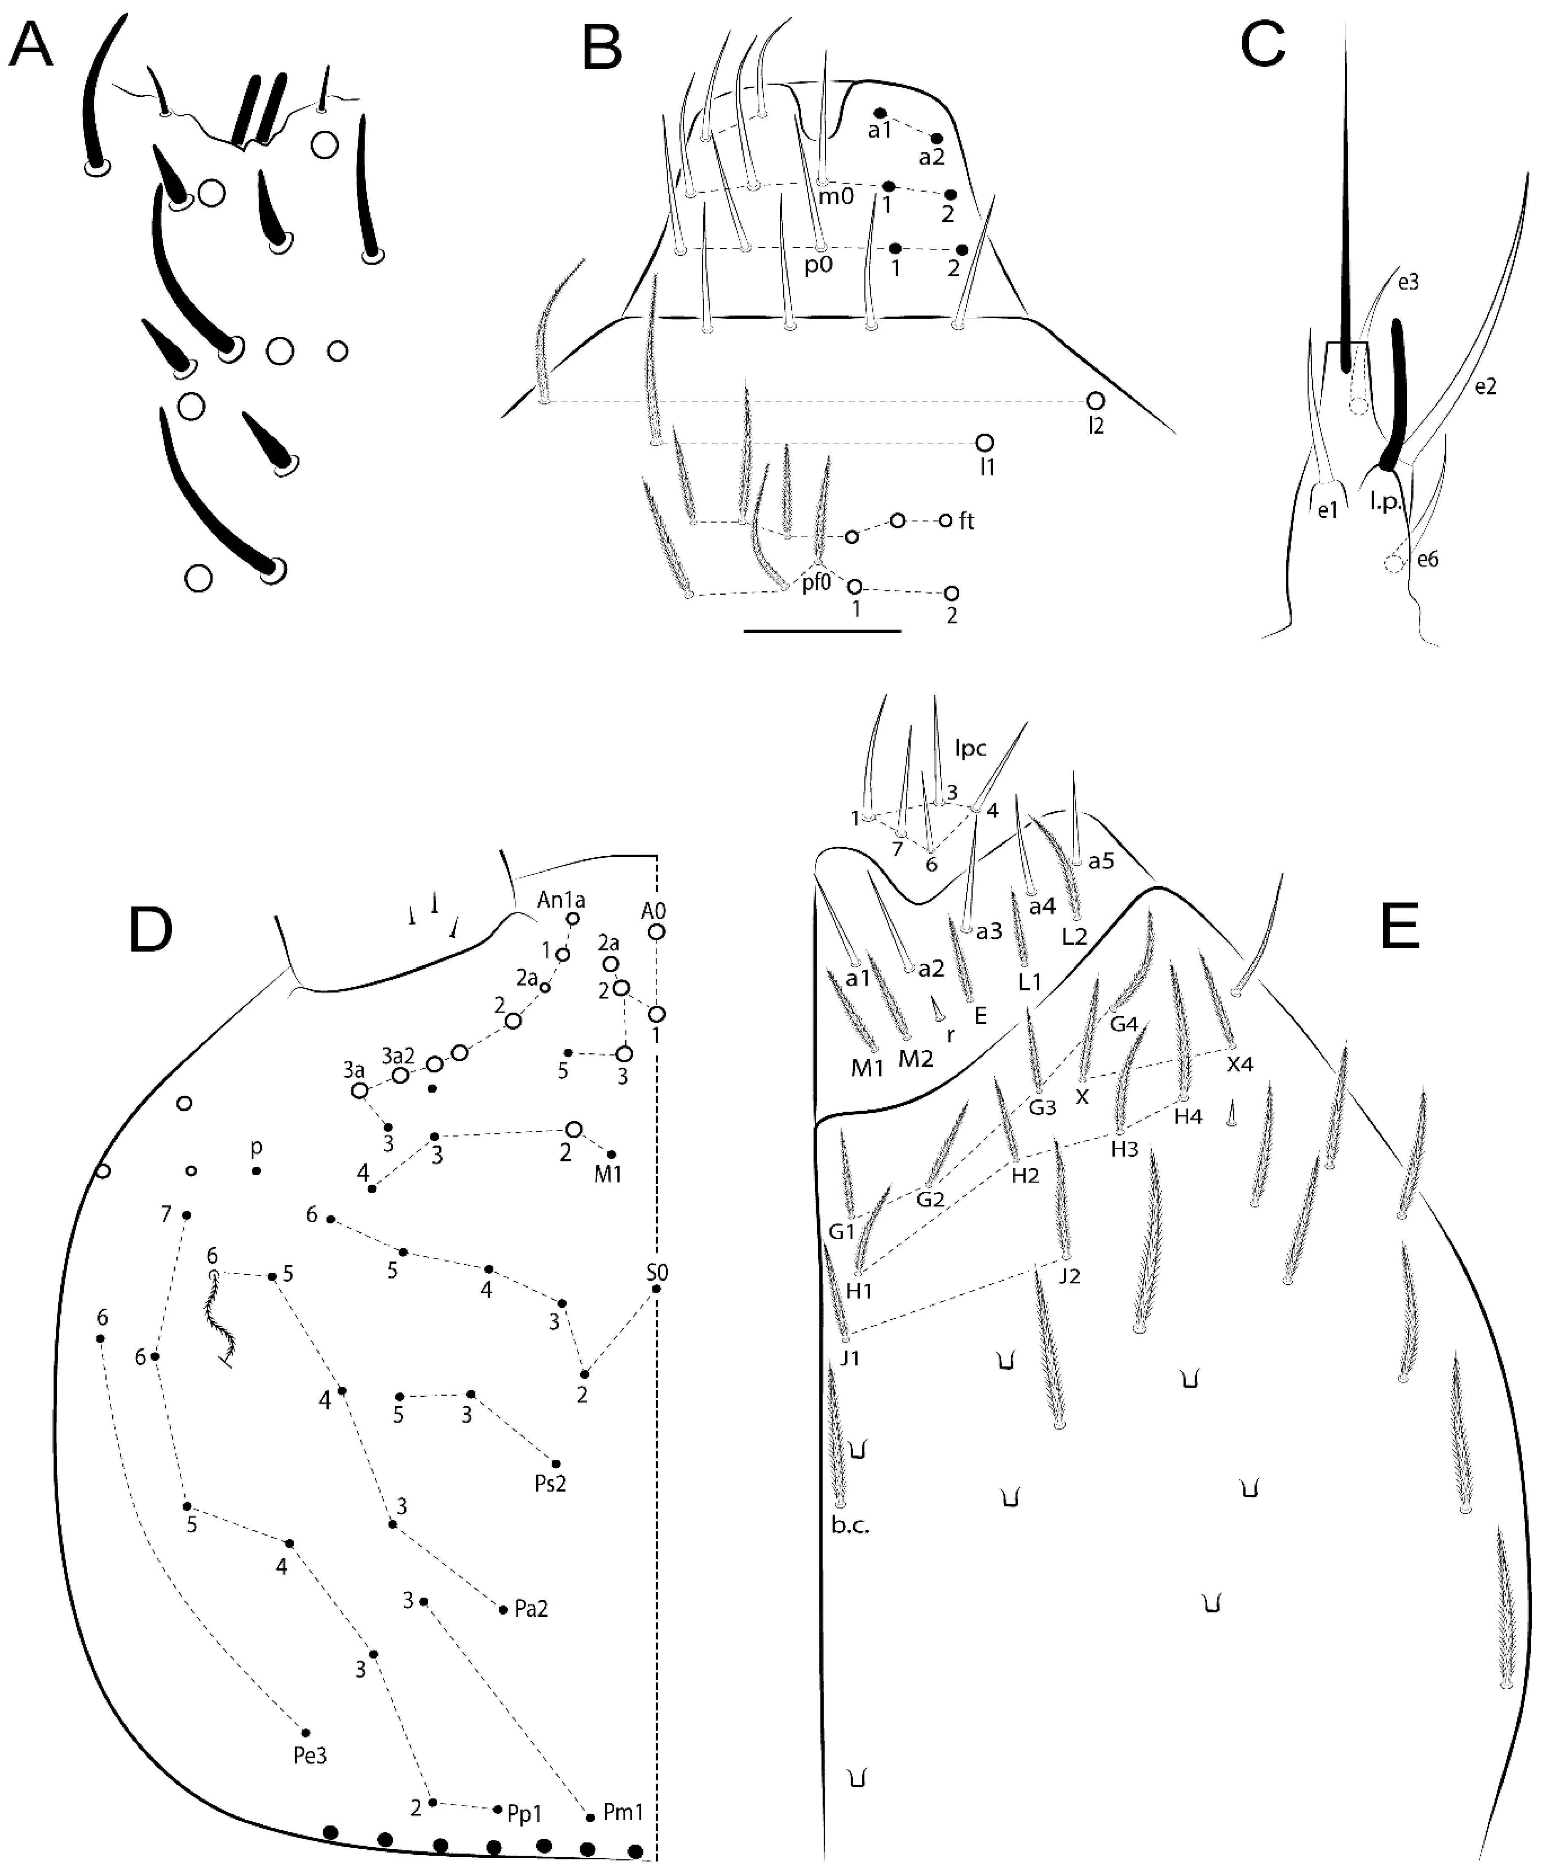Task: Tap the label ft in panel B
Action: click(x=967, y=521)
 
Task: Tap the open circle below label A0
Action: click(x=656, y=932)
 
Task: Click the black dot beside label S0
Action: click(x=656, y=1289)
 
